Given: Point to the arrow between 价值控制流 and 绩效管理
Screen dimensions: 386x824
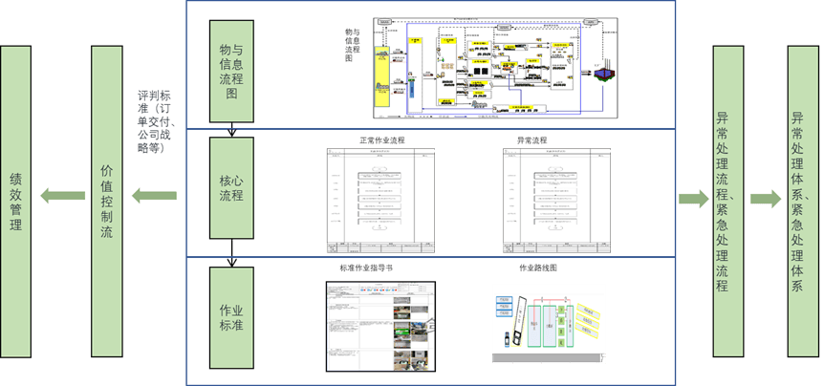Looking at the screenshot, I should click(x=64, y=198).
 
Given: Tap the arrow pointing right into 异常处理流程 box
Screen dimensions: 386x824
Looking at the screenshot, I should click(x=693, y=198).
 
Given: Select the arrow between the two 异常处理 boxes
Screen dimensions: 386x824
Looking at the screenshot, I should click(x=764, y=198).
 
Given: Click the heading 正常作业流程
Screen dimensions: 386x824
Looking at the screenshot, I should click(x=381, y=140).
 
